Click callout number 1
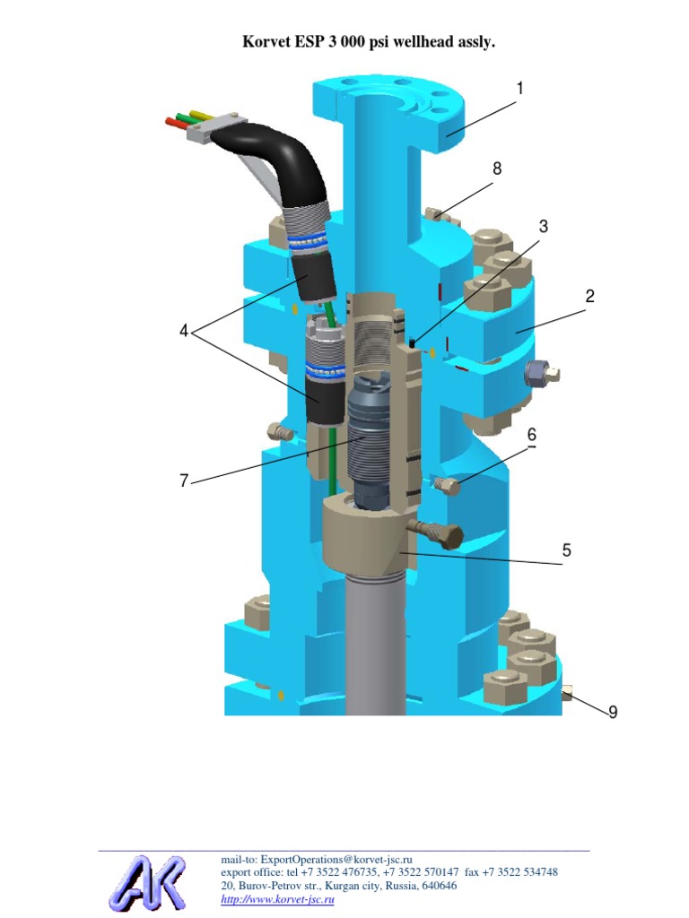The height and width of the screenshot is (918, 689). point(519,89)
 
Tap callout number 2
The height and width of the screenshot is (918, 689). point(590,296)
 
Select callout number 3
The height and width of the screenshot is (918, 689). point(543,227)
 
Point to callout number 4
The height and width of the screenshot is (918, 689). point(184,331)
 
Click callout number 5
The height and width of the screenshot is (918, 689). point(567,550)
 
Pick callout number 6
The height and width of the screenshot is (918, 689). point(532,434)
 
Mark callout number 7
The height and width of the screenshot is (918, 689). point(184,481)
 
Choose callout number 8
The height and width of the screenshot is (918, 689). point(497,169)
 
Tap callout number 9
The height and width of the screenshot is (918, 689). point(613,712)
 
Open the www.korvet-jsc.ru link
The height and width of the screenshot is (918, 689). point(277,899)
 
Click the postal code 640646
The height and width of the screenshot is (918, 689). point(438,886)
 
